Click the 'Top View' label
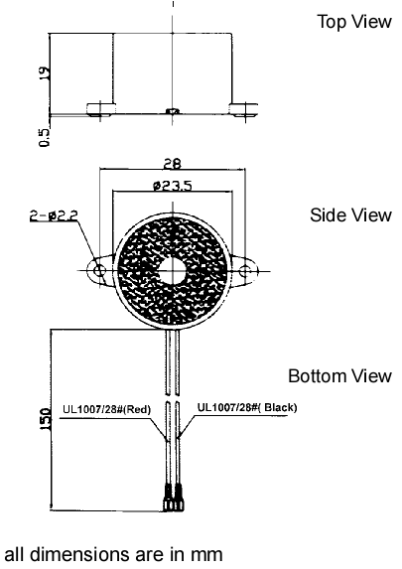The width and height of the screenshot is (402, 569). [x=354, y=22]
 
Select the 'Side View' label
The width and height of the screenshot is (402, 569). [x=350, y=214]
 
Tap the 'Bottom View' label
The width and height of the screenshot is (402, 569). [x=339, y=376]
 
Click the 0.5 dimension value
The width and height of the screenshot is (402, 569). [x=45, y=138]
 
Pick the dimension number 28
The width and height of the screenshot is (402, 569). [x=172, y=164]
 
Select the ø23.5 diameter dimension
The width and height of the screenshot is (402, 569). [x=173, y=186]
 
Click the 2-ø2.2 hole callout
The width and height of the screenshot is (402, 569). [x=54, y=215]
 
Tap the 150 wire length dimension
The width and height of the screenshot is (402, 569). [x=46, y=419]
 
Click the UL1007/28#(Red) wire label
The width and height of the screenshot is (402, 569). [x=106, y=410]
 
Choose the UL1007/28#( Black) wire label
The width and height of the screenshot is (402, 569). [x=247, y=407]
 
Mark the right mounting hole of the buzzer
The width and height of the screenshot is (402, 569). [x=245, y=271]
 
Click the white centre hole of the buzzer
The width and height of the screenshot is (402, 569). [x=173, y=271]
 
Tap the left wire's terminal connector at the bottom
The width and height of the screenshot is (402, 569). [x=168, y=498]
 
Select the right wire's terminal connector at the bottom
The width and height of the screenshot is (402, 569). [x=179, y=498]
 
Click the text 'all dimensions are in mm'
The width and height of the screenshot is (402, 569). [x=113, y=554]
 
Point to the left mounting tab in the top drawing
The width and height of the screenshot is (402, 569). [x=101, y=109]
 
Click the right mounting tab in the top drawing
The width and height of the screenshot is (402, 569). [x=243, y=109]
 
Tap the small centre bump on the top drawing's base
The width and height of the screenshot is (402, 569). [x=173, y=111]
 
